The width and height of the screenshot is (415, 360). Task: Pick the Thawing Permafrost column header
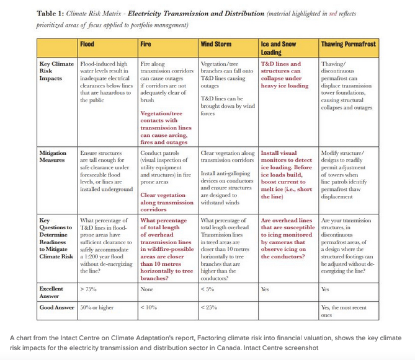point(347,45)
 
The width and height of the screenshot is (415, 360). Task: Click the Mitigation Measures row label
point(55,155)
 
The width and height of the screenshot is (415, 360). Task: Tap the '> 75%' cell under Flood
point(90,289)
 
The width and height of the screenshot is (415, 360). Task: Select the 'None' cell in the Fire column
point(148,289)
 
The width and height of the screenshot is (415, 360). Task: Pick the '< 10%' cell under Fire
point(149,307)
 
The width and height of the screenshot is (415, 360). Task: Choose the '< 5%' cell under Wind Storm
point(209,289)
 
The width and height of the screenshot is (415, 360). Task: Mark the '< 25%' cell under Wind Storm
point(211,307)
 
